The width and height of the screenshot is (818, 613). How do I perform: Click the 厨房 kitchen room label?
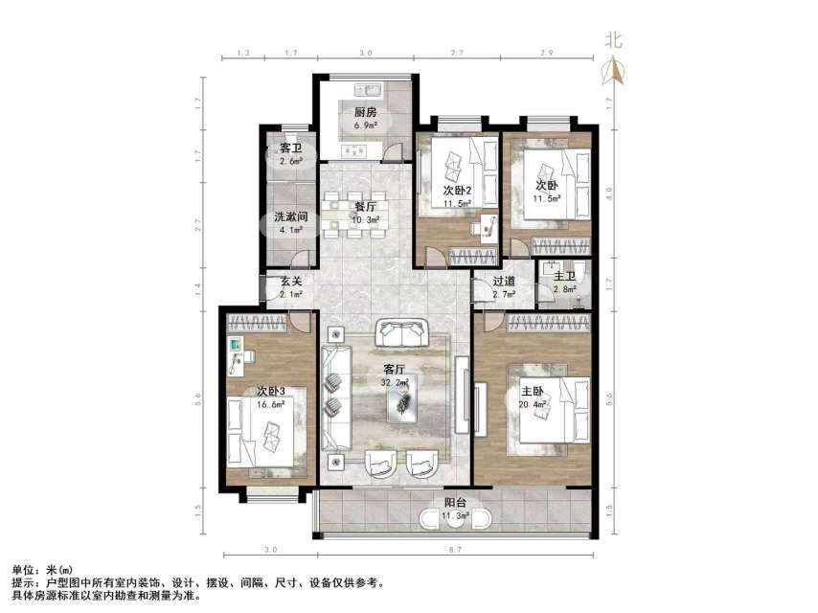[x=365, y=112]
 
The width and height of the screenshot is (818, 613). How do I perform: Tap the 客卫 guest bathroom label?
[x=290, y=148]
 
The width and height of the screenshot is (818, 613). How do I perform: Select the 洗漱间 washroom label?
[x=289, y=217]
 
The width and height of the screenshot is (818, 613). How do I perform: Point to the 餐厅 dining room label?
[x=365, y=206]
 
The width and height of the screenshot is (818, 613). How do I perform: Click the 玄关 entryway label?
[x=290, y=282]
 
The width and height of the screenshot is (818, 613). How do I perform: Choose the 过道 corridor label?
[x=504, y=282]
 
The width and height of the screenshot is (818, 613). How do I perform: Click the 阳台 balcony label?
[x=456, y=504]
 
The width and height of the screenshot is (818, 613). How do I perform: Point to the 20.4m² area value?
[x=533, y=404]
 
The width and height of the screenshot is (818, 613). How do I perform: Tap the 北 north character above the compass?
[x=614, y=40]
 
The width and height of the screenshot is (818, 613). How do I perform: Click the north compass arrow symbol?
[x=614, y=72]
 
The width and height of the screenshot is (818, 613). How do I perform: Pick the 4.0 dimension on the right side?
[x=609, y=190]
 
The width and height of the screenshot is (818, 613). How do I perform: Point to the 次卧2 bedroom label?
[x=456, y=190]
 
